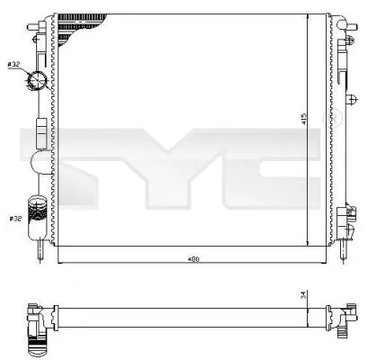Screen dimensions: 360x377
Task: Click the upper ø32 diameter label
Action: click(15, 65)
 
